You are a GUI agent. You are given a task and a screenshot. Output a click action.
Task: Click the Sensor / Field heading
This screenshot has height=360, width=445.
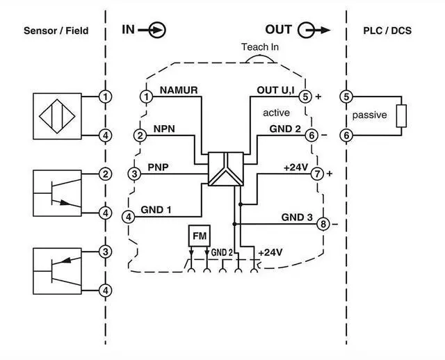tap(56, 31)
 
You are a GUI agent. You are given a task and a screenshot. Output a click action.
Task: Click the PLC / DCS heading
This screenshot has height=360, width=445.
tap(388, 31)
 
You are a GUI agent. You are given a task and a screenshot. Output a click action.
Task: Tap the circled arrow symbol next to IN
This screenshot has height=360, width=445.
tap(158, 30)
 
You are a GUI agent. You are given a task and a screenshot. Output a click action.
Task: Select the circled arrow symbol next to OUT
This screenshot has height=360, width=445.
tap(307, 30)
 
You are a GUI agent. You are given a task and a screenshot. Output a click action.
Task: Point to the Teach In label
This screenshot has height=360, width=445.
tap(260, 47)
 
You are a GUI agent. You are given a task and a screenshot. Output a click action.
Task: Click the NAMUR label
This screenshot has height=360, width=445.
tap(179, 90)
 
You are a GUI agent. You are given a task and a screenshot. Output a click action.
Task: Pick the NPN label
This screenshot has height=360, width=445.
tap(164, 129)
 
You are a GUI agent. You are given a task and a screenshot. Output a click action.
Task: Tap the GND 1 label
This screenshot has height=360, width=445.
tap(156, 208)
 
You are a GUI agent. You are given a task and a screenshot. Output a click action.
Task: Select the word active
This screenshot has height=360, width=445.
tap(276, 113)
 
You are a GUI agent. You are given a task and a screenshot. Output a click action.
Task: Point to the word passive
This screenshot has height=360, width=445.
tap(369, 115)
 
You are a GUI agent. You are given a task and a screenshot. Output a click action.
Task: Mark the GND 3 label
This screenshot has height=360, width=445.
tap(297, 217)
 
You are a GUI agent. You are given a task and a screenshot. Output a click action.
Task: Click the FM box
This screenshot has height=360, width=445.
tap(199, 237)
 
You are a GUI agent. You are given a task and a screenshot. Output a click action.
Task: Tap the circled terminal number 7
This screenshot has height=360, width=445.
tap(317, 173)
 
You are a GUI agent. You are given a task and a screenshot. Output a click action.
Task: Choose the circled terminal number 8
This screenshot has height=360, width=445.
tap(323, 224)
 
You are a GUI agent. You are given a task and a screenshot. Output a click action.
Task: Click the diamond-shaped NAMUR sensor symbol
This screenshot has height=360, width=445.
tap(56, 115)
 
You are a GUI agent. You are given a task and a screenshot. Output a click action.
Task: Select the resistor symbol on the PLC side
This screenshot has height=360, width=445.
tap(400, 115)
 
